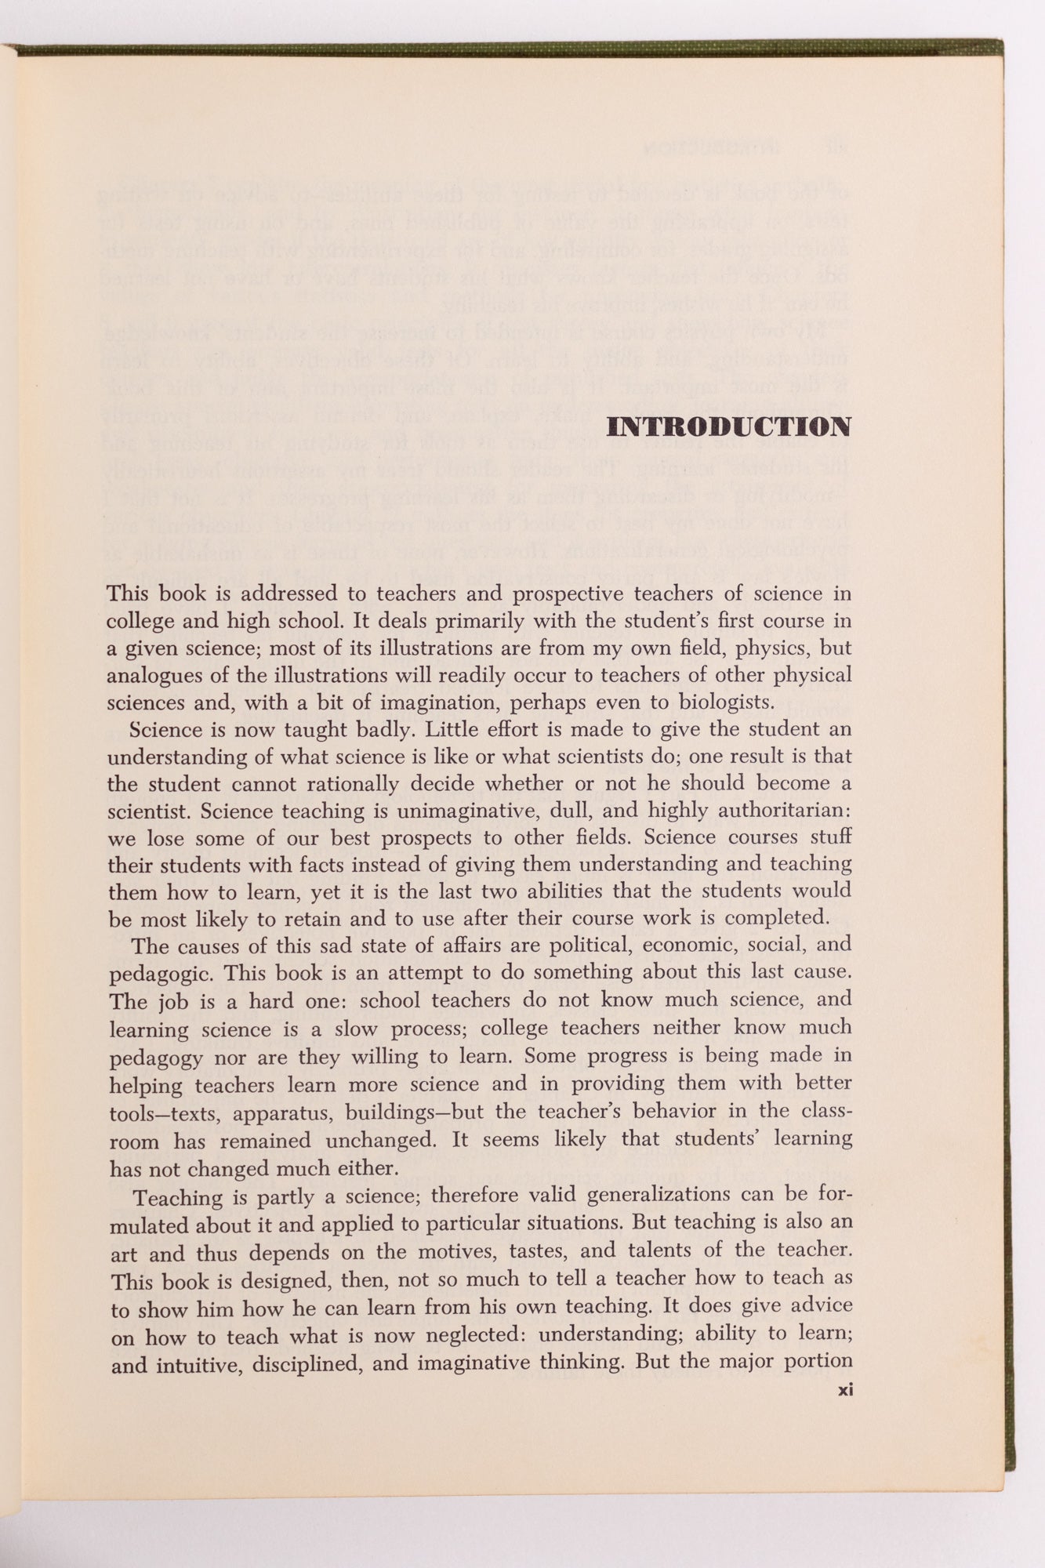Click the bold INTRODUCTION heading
tap(729, 427)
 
